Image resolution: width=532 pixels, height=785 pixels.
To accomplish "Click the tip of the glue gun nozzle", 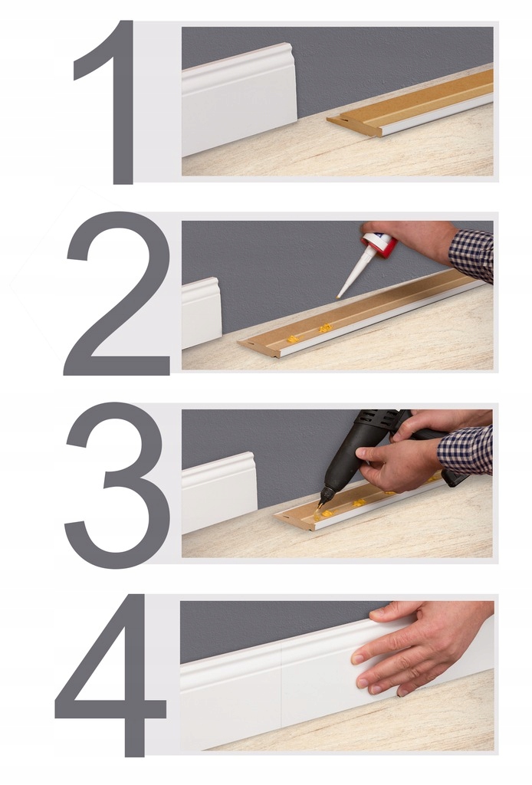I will coord(322,504).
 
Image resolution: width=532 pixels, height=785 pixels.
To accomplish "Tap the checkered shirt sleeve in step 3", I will coord(466,449).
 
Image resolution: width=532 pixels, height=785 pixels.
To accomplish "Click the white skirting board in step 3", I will coord(218,491).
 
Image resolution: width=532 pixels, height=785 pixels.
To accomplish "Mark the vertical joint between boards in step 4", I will coord(281,686).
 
